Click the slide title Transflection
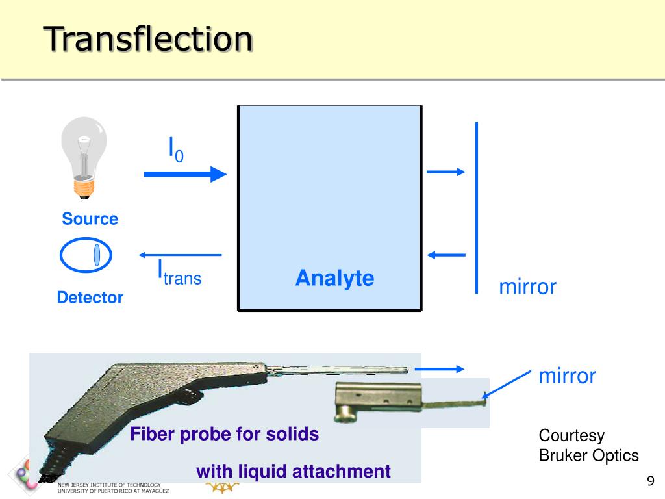pyautogui.click(x=148, y=39)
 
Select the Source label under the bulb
pyautogui.click(x=90, y=219)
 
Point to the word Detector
pyautogui.click(x=90, y=298)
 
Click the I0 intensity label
pyautogui.click(x=176, y=149)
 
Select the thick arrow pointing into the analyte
pyautogui.click(x=185, y=174)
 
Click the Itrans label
pyautogui.click(x=179, y=273)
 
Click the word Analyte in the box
pyautogui.click(x=334, y=278)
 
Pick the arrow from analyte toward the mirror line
pyautogui.click(x=446, y=172)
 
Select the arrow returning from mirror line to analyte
pyautogui.click(x=446, y=255)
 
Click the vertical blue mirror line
pyautogui.click(x=477, y=208)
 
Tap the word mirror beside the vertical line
pyautogui.click(x=527, y=287)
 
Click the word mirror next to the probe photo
pyautogui.click(x=567, y=376)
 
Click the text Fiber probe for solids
pyautogui.click(x=225, y=434)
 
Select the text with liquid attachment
pyautogui.click(x=294, y=471)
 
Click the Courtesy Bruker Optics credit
pyautogui.click(x=588, y=445)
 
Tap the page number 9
pyautogui.click(x=650, y=481)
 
